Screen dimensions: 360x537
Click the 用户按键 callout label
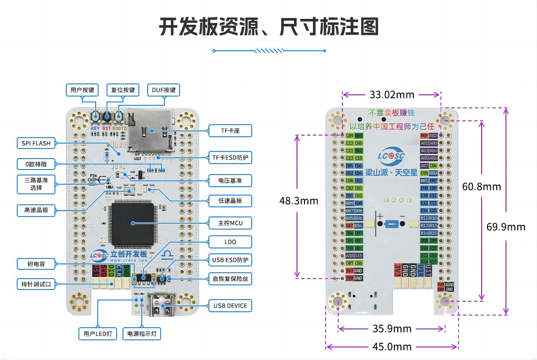(x=82, y=90)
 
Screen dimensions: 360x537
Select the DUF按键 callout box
(x=163, y=90)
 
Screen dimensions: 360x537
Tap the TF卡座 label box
(x=230, y=131)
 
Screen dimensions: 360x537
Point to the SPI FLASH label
(x=36, y=143)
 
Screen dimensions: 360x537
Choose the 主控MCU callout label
(x=230, y=223)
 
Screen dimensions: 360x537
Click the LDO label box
(x=230, y=242)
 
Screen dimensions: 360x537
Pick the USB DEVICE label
(x=230, y=305)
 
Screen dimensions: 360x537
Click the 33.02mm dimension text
(x=392, y=94)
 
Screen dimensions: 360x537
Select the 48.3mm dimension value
(x=299, y=201)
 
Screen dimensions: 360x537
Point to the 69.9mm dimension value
(x=506, y=227)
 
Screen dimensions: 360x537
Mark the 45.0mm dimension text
(x=392, y=347)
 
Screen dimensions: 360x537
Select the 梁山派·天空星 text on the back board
(x=391, y=172)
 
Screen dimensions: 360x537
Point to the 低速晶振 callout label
(x=230, y=201)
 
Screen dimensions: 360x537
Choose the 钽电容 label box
(x=36, y=264)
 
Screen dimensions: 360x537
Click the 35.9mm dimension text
(x=392, y=329)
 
